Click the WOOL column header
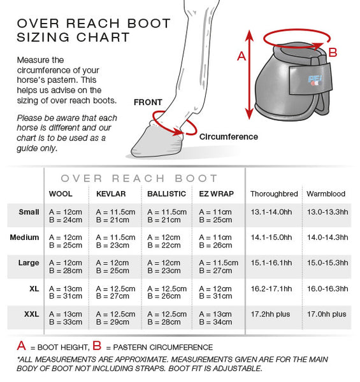coord(61,194)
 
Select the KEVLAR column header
coord(110,194)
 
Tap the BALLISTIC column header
coord(166,194)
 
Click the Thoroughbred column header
coord(274,194)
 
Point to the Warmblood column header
coord(326,194)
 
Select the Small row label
coord(29,212)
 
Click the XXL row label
coord(31,314)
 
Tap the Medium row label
coord(25,237)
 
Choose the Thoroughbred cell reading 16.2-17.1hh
coord(271,288)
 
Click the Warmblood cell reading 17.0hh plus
coord(327,314)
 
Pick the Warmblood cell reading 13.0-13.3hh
coord(328,212)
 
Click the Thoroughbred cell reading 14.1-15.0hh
coord(271,237)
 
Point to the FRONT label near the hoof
coord(148,102)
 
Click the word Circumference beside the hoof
coord(229,137)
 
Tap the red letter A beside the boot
coord(241,57)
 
